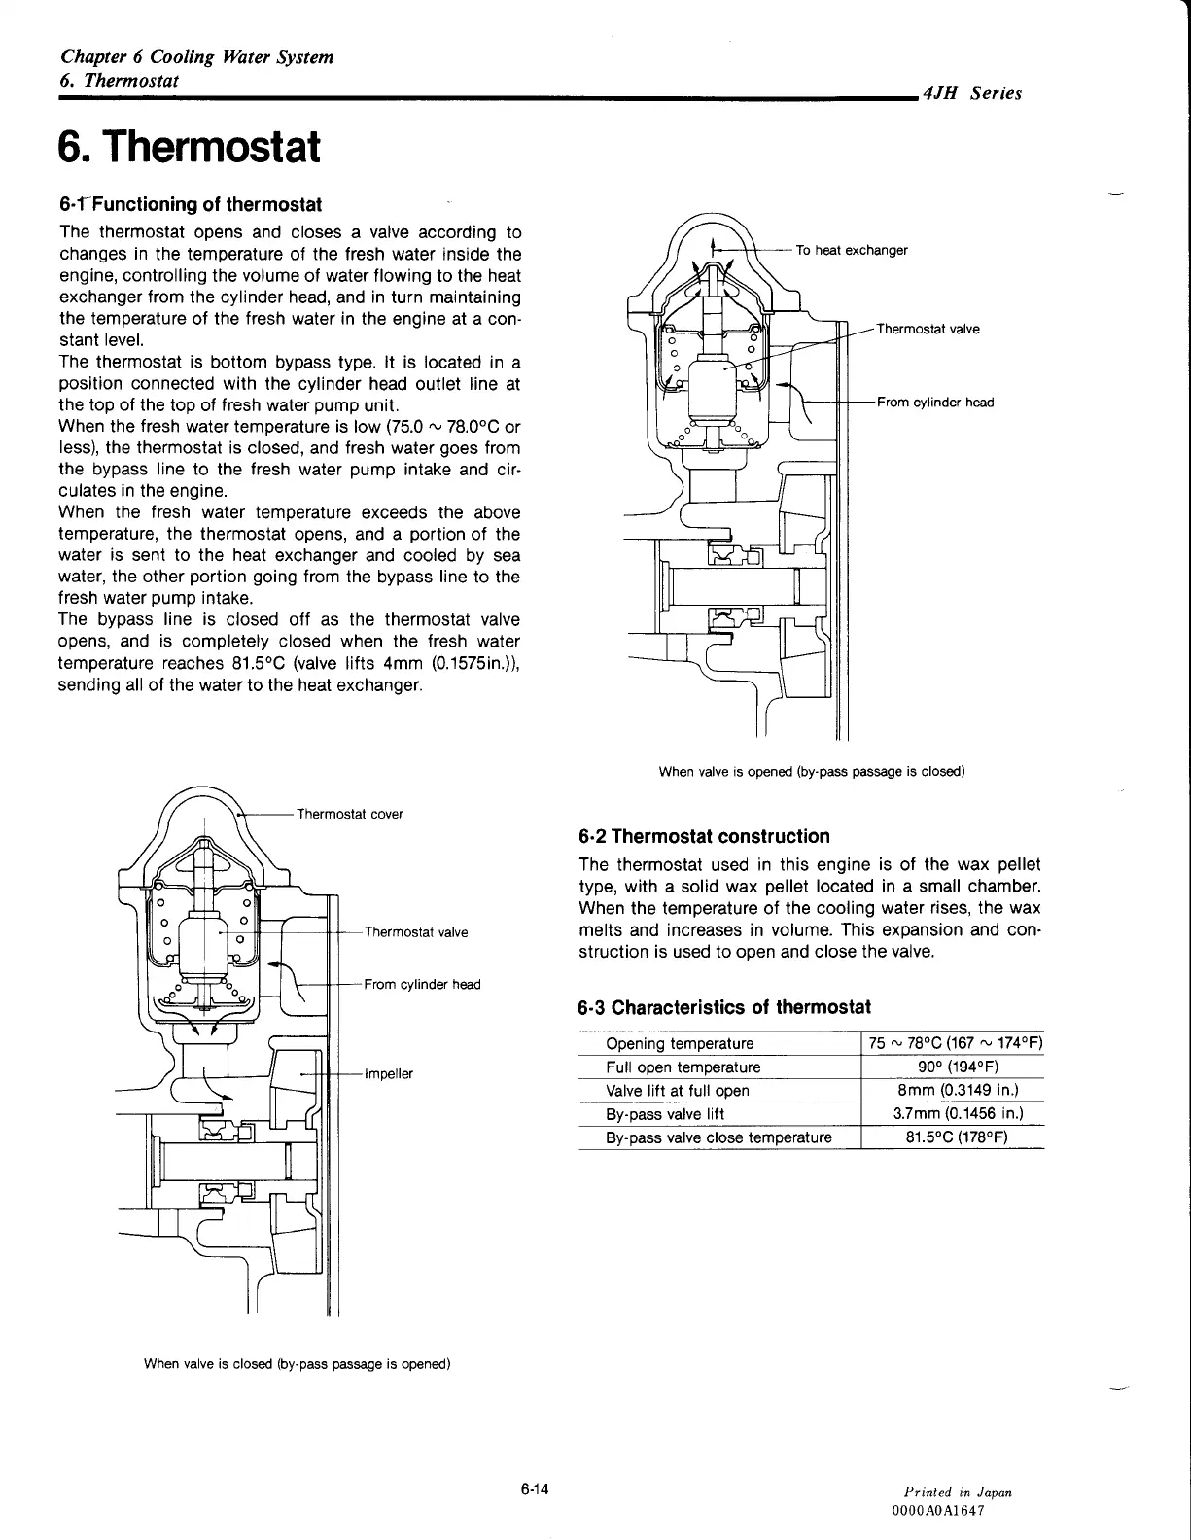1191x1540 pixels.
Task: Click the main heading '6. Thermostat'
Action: coord(189,147)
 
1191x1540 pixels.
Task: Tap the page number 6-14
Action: coord(536,1488)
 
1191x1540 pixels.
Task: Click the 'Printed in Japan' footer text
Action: coord(958,1491)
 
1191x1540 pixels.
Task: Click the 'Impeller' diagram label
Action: coord(389,1073)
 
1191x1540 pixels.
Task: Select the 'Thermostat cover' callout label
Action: coord(349,814)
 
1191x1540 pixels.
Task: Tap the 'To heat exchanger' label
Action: coord(852,250)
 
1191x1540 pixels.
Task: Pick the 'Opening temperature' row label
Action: coord(680,1043)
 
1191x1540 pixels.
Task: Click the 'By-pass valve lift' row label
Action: coord(665,1114)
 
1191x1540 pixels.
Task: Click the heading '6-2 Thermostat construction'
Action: coord(704,836)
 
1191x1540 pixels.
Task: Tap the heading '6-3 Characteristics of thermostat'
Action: coord(724,1006)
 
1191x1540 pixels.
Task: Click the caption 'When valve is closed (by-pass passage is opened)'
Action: coord(298,1363)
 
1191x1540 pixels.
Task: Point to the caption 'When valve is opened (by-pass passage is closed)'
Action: coord(812,772)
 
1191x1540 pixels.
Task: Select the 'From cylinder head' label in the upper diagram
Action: coord(935,402)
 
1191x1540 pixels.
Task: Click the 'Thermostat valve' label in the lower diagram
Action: coord(416,932)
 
